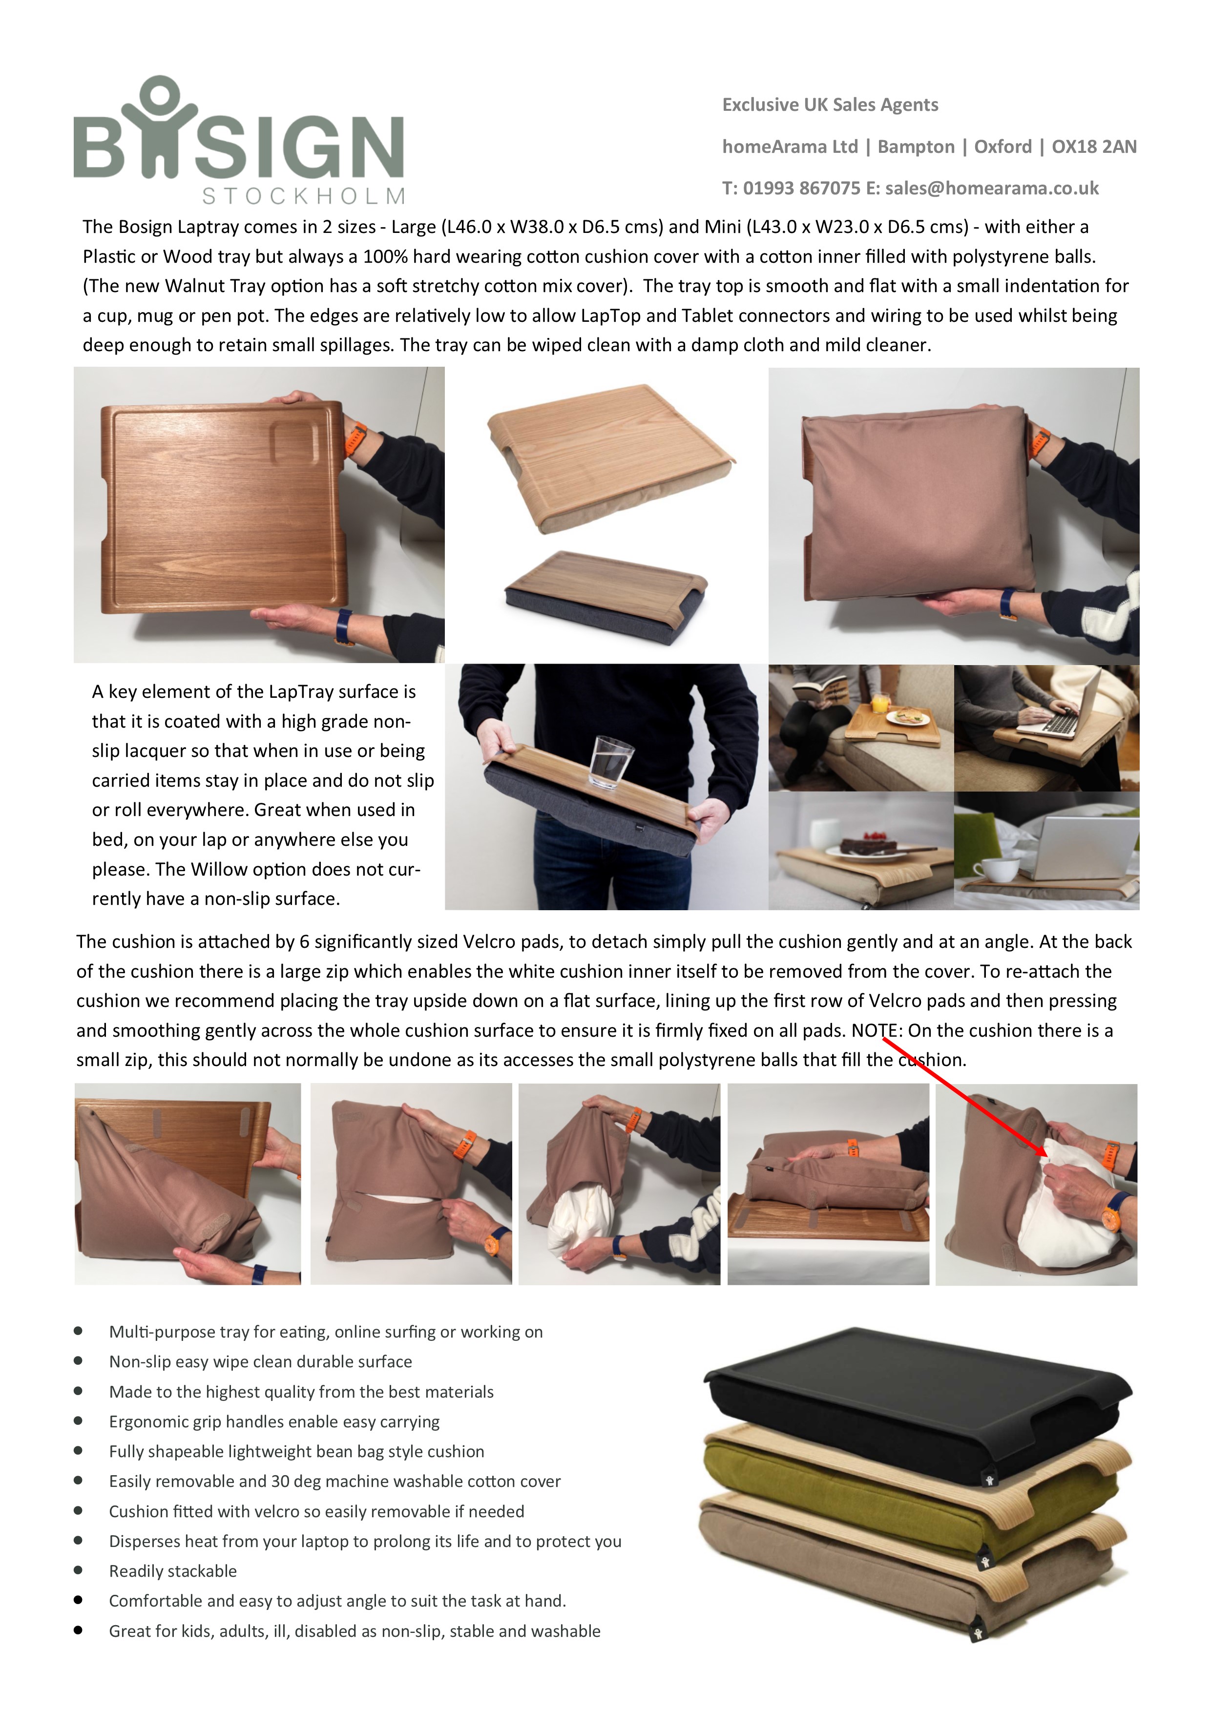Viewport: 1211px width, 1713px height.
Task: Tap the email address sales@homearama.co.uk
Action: pyautogui.click(x=992, y=188)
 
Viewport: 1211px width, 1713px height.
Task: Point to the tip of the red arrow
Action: pyautogui.click(x=1047, y=1156)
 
